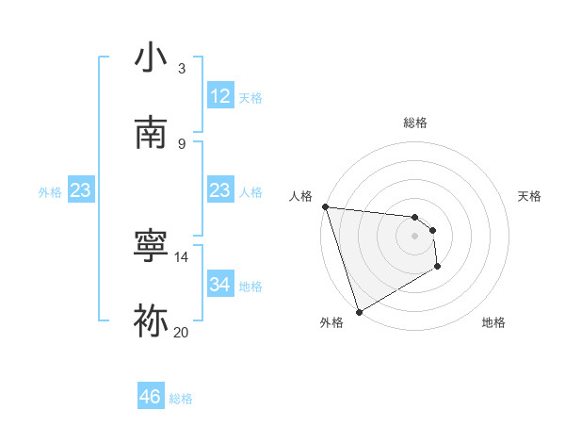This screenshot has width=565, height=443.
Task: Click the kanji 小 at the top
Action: pos(152,58)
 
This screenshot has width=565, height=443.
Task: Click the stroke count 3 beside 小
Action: pos(182,69)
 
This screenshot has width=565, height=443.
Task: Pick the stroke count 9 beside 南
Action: pos(182,143)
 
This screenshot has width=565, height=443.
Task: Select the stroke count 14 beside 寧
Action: pos(182,256)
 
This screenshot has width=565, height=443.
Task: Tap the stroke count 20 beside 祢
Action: pos(182,332)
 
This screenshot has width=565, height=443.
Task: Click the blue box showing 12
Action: pos(220,96)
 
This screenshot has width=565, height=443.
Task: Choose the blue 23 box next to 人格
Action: pos(220,190)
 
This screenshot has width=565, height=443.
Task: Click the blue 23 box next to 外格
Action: pos(81,190)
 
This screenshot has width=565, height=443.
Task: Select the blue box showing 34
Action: pos(220,285)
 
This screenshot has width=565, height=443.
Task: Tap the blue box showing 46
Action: pos(151,397)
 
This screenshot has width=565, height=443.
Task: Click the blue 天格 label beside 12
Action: pos(250,97)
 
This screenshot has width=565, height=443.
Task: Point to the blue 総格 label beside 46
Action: pos(181,399)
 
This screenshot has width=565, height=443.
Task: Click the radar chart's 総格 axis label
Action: pos(414,123)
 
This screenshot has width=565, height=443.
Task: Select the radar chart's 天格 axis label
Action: pos(530,196)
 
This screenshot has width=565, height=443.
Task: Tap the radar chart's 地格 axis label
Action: pos(493,322)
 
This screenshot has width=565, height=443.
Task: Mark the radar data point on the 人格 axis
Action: pos(324,206)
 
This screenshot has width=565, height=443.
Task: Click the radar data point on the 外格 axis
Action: pos(359,311)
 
